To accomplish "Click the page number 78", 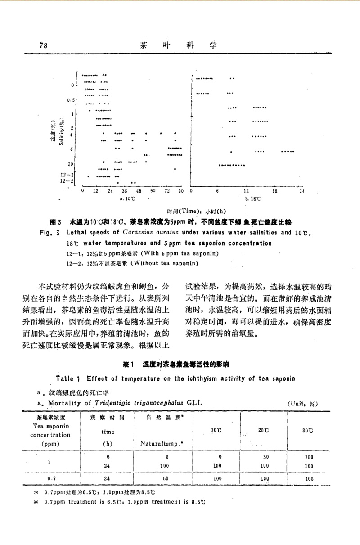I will click(x=43, y=45).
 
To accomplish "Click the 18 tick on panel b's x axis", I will click(x=274, y=191).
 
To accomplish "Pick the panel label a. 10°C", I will click(x=128, y=198).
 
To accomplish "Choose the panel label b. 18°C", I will click(x=253, y=198).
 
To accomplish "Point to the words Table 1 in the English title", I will click(x=68, y=378).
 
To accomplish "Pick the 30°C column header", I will click(x=308, y=431).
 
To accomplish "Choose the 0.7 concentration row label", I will click(x=51, y=479).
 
